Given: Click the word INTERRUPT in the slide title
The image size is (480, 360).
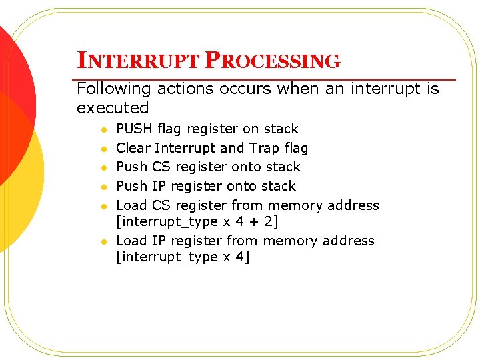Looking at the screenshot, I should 138,61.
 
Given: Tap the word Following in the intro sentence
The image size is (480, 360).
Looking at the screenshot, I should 112,89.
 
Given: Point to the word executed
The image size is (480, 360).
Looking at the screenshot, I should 113,107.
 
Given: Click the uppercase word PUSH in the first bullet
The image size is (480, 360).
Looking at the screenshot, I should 134,129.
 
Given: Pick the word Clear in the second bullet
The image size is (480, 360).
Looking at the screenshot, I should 133,147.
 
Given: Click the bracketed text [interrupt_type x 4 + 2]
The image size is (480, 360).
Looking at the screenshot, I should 197,221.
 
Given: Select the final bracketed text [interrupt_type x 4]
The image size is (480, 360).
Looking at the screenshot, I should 183,257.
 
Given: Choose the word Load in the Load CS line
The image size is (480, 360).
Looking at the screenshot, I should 132,205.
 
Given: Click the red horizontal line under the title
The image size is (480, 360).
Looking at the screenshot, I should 267,79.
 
